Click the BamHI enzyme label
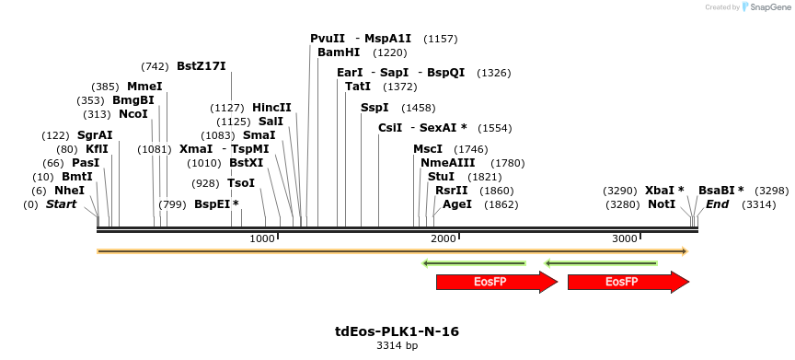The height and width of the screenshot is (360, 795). [339, 52]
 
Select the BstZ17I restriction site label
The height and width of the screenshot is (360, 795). [201, 66]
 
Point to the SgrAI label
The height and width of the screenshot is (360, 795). [95, 135]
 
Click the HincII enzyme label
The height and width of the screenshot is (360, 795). [271, 108]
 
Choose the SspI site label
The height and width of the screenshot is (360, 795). [374, 108]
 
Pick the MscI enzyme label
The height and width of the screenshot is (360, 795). [428, 149]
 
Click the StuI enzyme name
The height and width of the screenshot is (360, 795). [442, 177]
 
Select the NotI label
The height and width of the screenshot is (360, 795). [662, 203]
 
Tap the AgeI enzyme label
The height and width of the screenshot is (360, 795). [457, 203]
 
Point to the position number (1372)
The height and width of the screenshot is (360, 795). [400, 87]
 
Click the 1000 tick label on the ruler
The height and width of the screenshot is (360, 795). [263, 238]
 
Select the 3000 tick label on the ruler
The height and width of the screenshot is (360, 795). [626, 238]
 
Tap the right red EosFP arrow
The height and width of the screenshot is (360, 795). [622, 282]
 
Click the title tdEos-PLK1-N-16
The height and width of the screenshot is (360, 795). [397, 331]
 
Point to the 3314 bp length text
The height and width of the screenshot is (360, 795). [397, 346]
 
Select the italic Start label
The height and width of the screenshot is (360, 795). [62, 203]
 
